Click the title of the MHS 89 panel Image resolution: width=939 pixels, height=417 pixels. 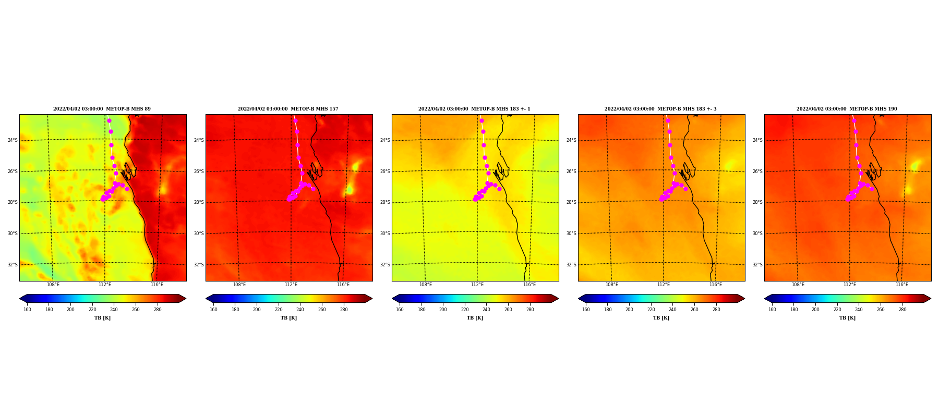point(102,109)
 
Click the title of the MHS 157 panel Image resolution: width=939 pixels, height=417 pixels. point(288,109)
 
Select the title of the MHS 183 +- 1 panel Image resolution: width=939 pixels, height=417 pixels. point(474,109)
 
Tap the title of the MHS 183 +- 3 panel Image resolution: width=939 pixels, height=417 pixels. point(660,109)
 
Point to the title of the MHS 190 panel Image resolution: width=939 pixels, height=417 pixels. point(847,109)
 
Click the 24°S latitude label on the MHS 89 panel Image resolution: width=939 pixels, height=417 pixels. point(13,140)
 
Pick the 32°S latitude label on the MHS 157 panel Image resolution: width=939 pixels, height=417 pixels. point(199,265)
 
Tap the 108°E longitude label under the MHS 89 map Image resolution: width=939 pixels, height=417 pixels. point(53,285)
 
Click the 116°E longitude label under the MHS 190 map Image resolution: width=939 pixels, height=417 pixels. point(902,285)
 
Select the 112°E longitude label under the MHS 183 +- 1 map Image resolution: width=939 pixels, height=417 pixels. point(477,285)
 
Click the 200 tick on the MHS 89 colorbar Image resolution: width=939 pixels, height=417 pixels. point(70,310)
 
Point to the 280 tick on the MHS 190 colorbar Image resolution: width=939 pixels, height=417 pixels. point(902,310)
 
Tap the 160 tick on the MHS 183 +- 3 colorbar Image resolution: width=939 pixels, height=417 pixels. point(586,310)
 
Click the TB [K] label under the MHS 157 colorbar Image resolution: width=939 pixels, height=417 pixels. point(288,318)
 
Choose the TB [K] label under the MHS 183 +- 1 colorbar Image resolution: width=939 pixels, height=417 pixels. point(475,318)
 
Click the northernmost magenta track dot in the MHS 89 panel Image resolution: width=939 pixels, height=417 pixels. point(109,120)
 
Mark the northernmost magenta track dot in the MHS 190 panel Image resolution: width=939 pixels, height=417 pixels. point(854,120)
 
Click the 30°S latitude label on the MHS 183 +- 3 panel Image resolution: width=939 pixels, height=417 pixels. point(571,234)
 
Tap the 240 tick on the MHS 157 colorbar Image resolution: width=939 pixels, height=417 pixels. point(300,310)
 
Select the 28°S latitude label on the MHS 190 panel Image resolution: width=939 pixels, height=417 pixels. point(757,202)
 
